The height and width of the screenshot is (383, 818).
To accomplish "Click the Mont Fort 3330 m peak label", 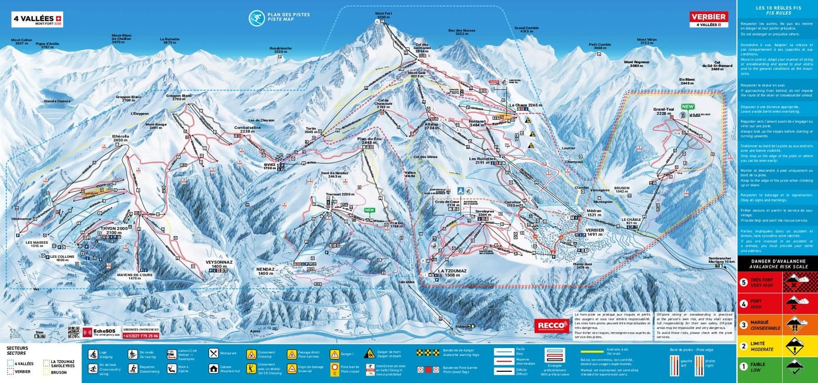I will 383,16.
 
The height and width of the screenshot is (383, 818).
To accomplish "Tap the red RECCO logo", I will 551,326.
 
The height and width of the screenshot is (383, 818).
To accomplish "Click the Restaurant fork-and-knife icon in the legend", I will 214,353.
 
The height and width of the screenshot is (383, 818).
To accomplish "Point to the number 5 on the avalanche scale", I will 744,281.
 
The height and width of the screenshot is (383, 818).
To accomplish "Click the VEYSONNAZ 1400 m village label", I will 220,264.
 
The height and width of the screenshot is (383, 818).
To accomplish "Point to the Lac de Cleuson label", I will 261,120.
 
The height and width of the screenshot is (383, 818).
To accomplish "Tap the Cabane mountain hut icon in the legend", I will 214,369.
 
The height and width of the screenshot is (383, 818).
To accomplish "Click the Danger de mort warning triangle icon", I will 369,353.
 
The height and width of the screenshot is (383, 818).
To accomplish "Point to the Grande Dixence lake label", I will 57,101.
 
